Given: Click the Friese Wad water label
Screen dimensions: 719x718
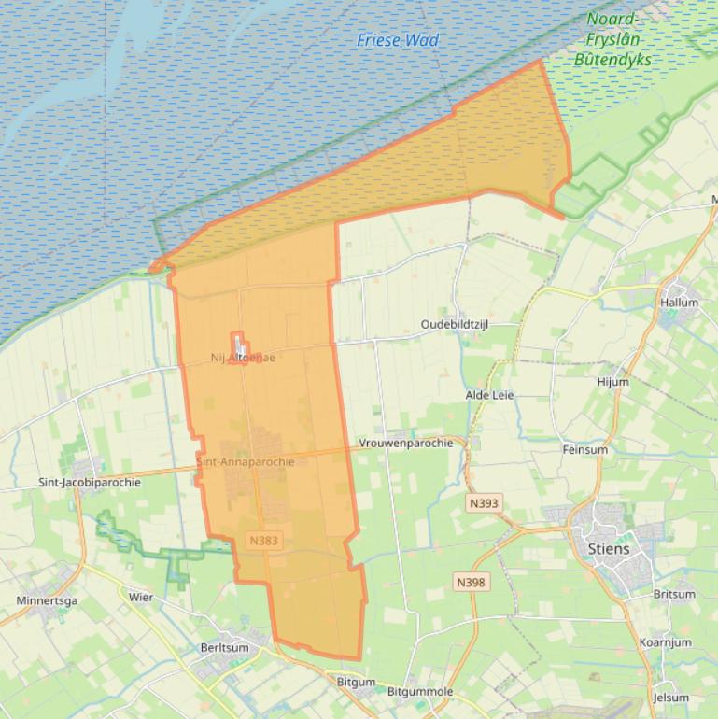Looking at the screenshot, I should [x=398, y=40].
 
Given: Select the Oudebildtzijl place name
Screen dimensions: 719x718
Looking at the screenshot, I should [x=455, y=325].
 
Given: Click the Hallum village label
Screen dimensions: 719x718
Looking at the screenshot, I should [x=679, y=303].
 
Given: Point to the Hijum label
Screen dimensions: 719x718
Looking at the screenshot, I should [x=612, y=382].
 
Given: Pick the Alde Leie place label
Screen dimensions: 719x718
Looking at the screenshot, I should [x=489, y=395].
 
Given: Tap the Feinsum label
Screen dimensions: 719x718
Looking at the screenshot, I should [x=585, y=449].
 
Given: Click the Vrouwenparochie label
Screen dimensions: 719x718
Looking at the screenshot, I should [x=413, y=443].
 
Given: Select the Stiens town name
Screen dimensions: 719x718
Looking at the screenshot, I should [x=608, y=548].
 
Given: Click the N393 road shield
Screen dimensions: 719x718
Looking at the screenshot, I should [x=484, y=503].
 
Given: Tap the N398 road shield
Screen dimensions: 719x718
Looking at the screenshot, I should [x=472, y=582].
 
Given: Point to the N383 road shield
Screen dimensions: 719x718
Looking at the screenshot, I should [x=264, y=540].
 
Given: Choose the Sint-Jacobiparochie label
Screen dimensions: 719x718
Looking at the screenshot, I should [x=90, y=483].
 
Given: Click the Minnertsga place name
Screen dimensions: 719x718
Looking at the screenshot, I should [x=47, y=600].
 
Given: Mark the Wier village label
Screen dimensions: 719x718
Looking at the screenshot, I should [x=141, y=597].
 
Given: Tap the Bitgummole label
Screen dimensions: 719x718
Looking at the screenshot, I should [x=420, y=692].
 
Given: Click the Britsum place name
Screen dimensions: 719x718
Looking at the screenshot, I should [x=674, y=594].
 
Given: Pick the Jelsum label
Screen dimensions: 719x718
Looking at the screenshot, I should [x=671, y=698].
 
